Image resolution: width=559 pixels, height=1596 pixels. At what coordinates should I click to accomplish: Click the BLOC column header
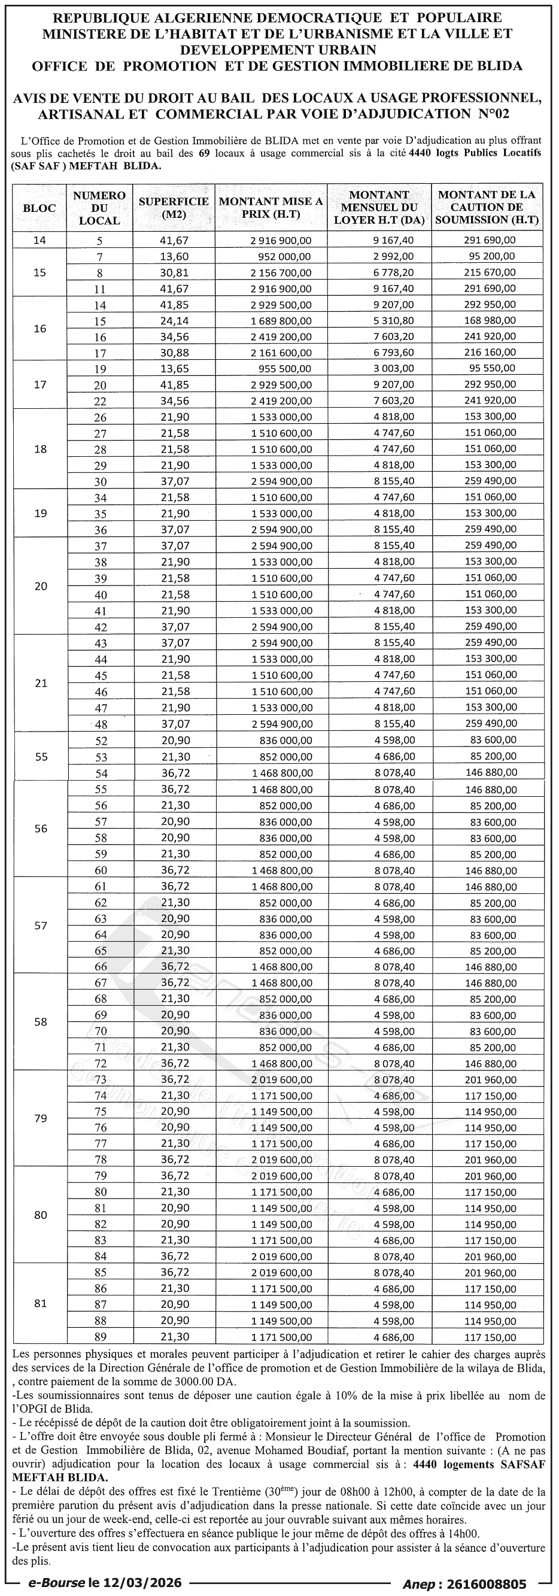point(39,208)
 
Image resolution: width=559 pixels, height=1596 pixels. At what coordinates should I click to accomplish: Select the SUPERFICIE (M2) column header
point(174,208)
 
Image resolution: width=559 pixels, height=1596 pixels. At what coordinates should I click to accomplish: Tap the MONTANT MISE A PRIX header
point(271,208)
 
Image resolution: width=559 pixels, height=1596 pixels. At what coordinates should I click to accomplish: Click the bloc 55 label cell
point(41,757)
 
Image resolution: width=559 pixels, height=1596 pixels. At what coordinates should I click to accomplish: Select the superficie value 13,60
point(174,256)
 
